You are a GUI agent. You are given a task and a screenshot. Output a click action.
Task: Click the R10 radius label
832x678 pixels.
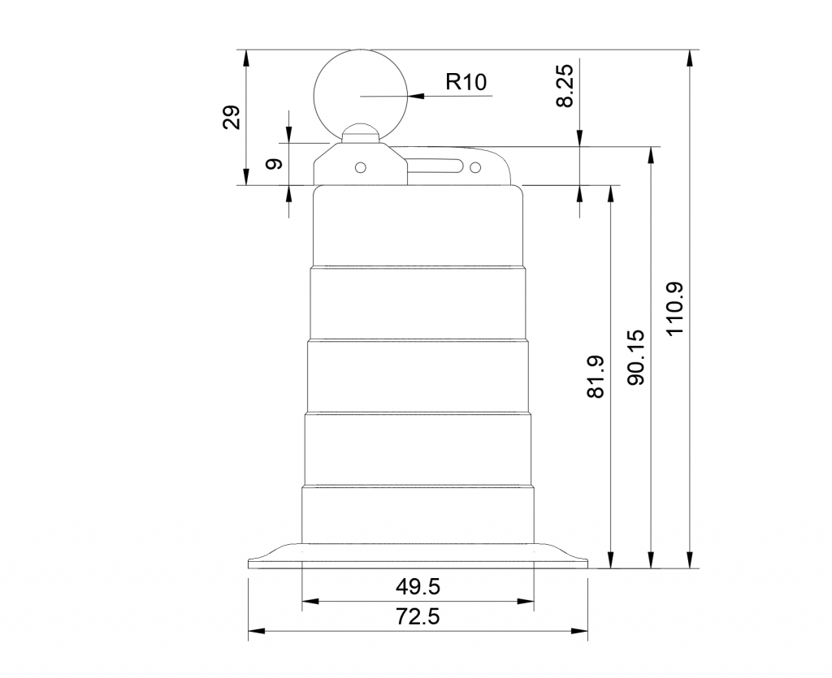[x=466, y=82]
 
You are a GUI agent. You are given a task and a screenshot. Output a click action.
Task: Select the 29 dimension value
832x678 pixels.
[x=232, y=118]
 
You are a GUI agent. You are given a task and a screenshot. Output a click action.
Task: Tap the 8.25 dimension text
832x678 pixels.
[x=565, y=86]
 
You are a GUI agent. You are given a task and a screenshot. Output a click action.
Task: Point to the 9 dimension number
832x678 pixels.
[x=274, y=164]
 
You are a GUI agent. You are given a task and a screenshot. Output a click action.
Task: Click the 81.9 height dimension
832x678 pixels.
[x=596, y=377]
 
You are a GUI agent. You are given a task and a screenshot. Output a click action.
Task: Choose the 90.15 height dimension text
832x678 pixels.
[x=635, y=357]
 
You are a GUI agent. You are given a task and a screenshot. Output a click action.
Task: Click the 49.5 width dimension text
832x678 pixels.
[x=418, y=586]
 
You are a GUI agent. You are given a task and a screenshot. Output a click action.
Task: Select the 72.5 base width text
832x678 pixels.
[x=418, y=616]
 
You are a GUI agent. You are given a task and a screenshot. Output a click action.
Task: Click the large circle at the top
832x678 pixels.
[x=314, y=97]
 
